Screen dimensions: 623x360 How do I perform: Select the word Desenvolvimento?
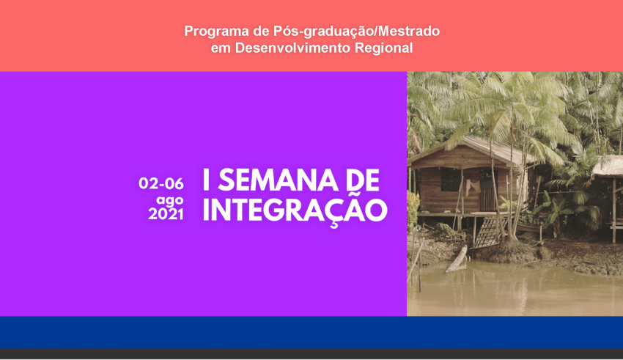point(292,48)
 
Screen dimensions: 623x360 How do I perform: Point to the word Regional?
point(383,48)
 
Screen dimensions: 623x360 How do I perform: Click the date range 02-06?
point(161,183)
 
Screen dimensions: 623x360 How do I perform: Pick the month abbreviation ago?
point(169,199)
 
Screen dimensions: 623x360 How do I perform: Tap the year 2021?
point(166,214)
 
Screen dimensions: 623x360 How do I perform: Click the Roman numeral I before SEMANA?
point(206,180)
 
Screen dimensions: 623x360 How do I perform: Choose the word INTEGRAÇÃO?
point(295,210)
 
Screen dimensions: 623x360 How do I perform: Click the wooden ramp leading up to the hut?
point(487,229)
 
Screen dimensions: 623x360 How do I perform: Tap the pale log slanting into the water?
point(457,259)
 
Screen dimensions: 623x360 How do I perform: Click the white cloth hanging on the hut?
point(471,187)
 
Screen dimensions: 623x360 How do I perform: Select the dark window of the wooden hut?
point(450,179)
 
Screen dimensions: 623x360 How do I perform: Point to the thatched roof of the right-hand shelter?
point(608,166)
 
